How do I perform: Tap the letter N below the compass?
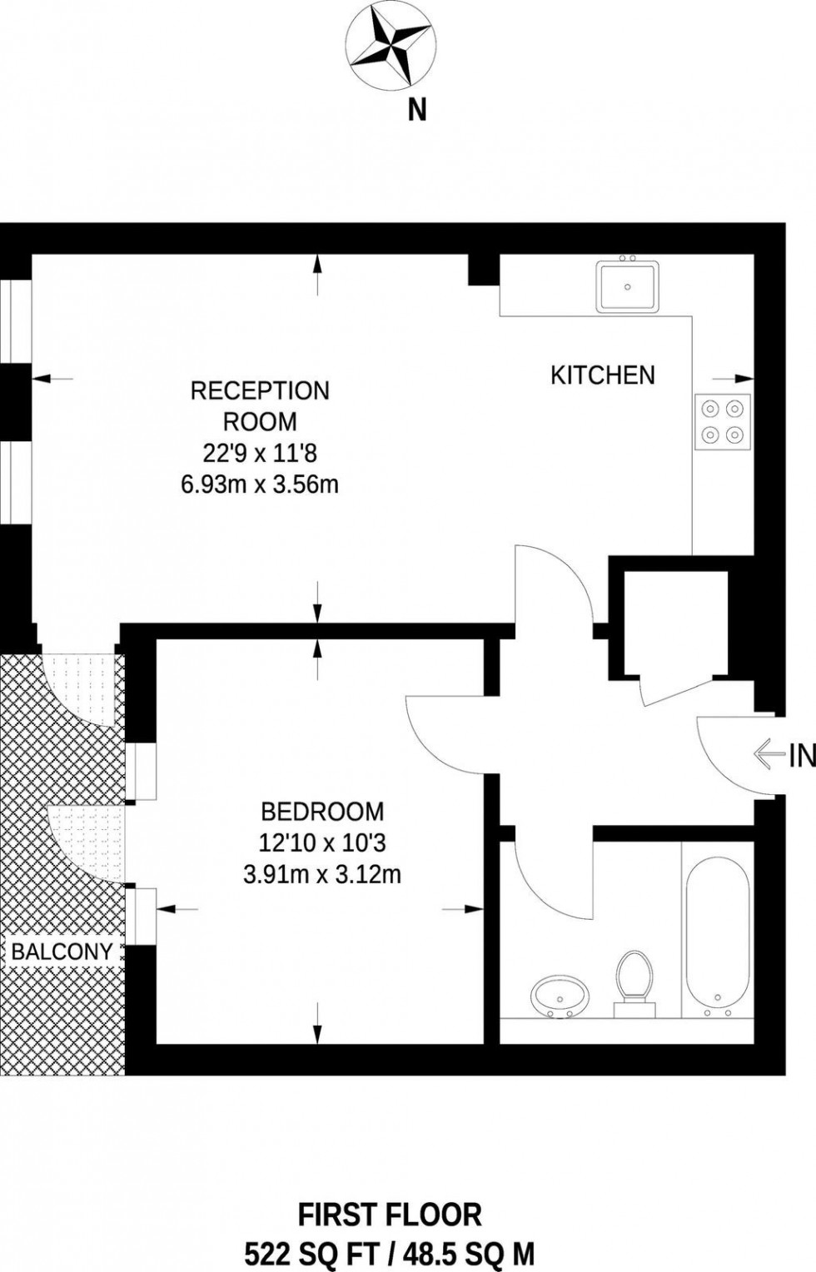click(416, 110)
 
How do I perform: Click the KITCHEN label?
click(602, 375)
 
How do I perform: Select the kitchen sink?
click(627, 286)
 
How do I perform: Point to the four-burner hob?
click(722, 421)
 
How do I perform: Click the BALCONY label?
click(62, 952)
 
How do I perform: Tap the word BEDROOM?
click(322, 811)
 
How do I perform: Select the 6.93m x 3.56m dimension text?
click(260, 484)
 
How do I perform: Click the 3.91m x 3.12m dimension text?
click(322, 875)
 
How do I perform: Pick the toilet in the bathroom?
click(635, 981)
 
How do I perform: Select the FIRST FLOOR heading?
click(390, 1213)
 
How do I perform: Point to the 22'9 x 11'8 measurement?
click(260, 453)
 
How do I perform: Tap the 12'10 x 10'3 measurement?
click(322, 843)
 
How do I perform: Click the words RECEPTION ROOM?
click(260, 405)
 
